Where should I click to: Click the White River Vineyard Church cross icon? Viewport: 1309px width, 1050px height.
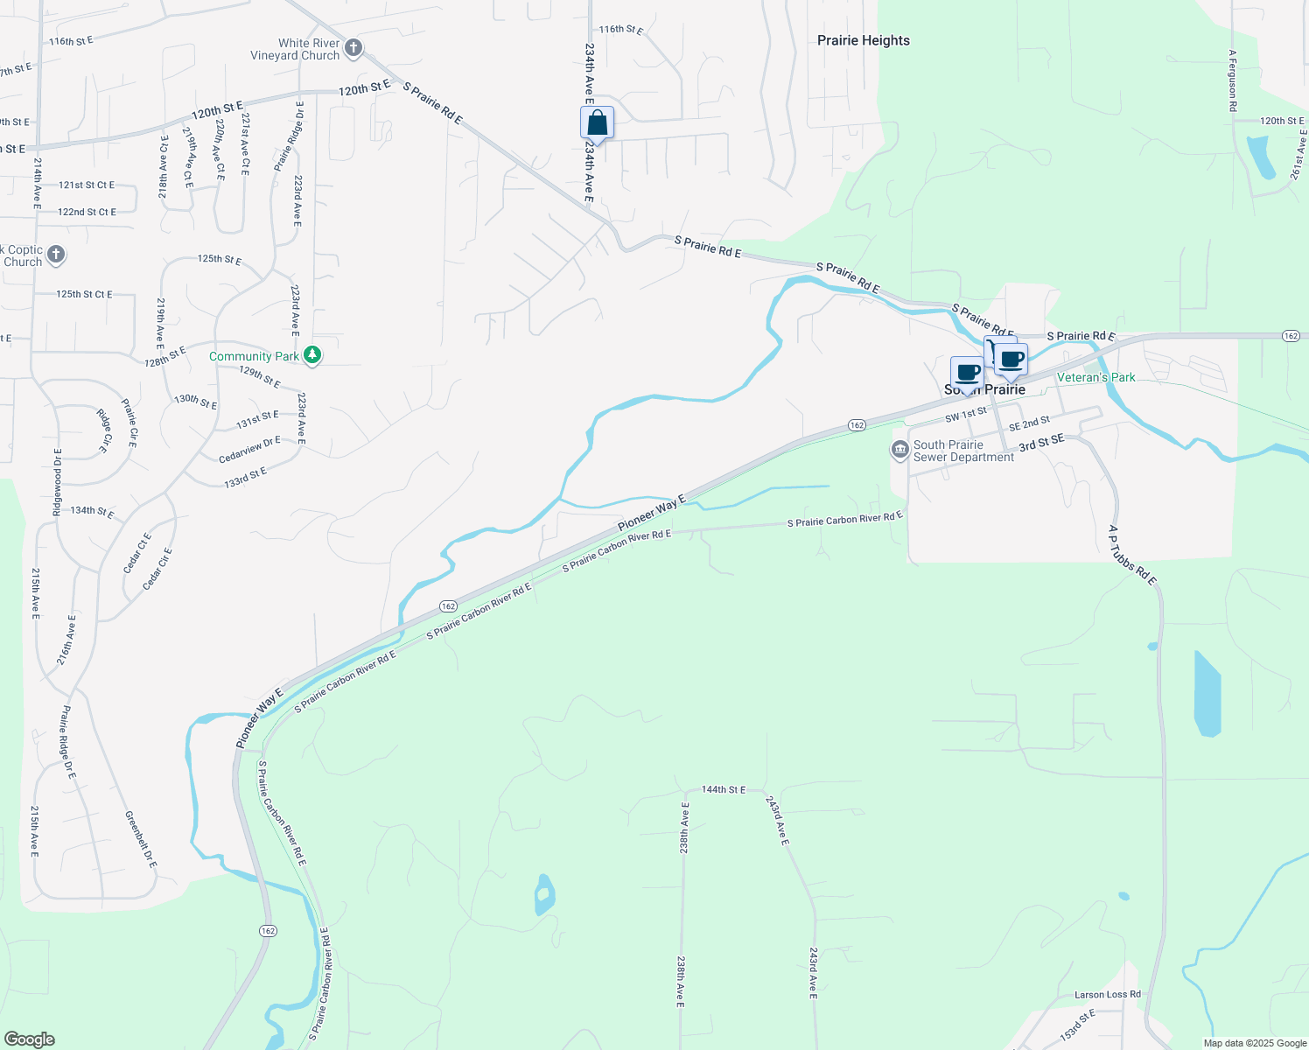click(x=353, y=47)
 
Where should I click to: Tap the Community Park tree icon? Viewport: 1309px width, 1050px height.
click(x=312, y=355)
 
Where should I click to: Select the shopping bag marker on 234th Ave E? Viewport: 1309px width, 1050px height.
click(x=597, y=122)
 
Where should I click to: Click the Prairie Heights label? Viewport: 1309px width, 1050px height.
click(x=863, y=40)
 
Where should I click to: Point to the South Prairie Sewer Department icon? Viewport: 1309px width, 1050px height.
click(x=899, y=450)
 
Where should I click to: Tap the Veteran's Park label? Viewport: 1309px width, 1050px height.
click(x=1095, y=377)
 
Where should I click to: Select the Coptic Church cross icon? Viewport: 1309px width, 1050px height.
click(x=55, y=255)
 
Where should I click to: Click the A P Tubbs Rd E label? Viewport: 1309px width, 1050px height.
click(x=1132, y=555)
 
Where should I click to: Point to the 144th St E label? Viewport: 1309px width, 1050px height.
click(x=724, y=790)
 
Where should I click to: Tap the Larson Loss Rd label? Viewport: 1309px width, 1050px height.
click(x=1107, y=995)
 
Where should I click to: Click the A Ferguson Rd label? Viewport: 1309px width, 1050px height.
click(x=1232, y=80)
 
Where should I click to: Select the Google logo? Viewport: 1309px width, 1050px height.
click(x=30, y=1039)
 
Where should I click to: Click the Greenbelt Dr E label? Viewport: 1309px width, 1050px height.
click(x=140, y=840)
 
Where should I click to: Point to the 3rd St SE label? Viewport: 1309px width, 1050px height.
click(x=1041, y=444)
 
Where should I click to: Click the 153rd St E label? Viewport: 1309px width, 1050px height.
click(x=1077, y=1025)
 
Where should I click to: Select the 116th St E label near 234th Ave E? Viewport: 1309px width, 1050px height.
click(x=621, y=30)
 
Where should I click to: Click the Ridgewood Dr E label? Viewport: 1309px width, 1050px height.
click(x=58, y=482)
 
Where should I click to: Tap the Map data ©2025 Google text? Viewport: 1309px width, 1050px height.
click(x=1255, y=1043)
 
